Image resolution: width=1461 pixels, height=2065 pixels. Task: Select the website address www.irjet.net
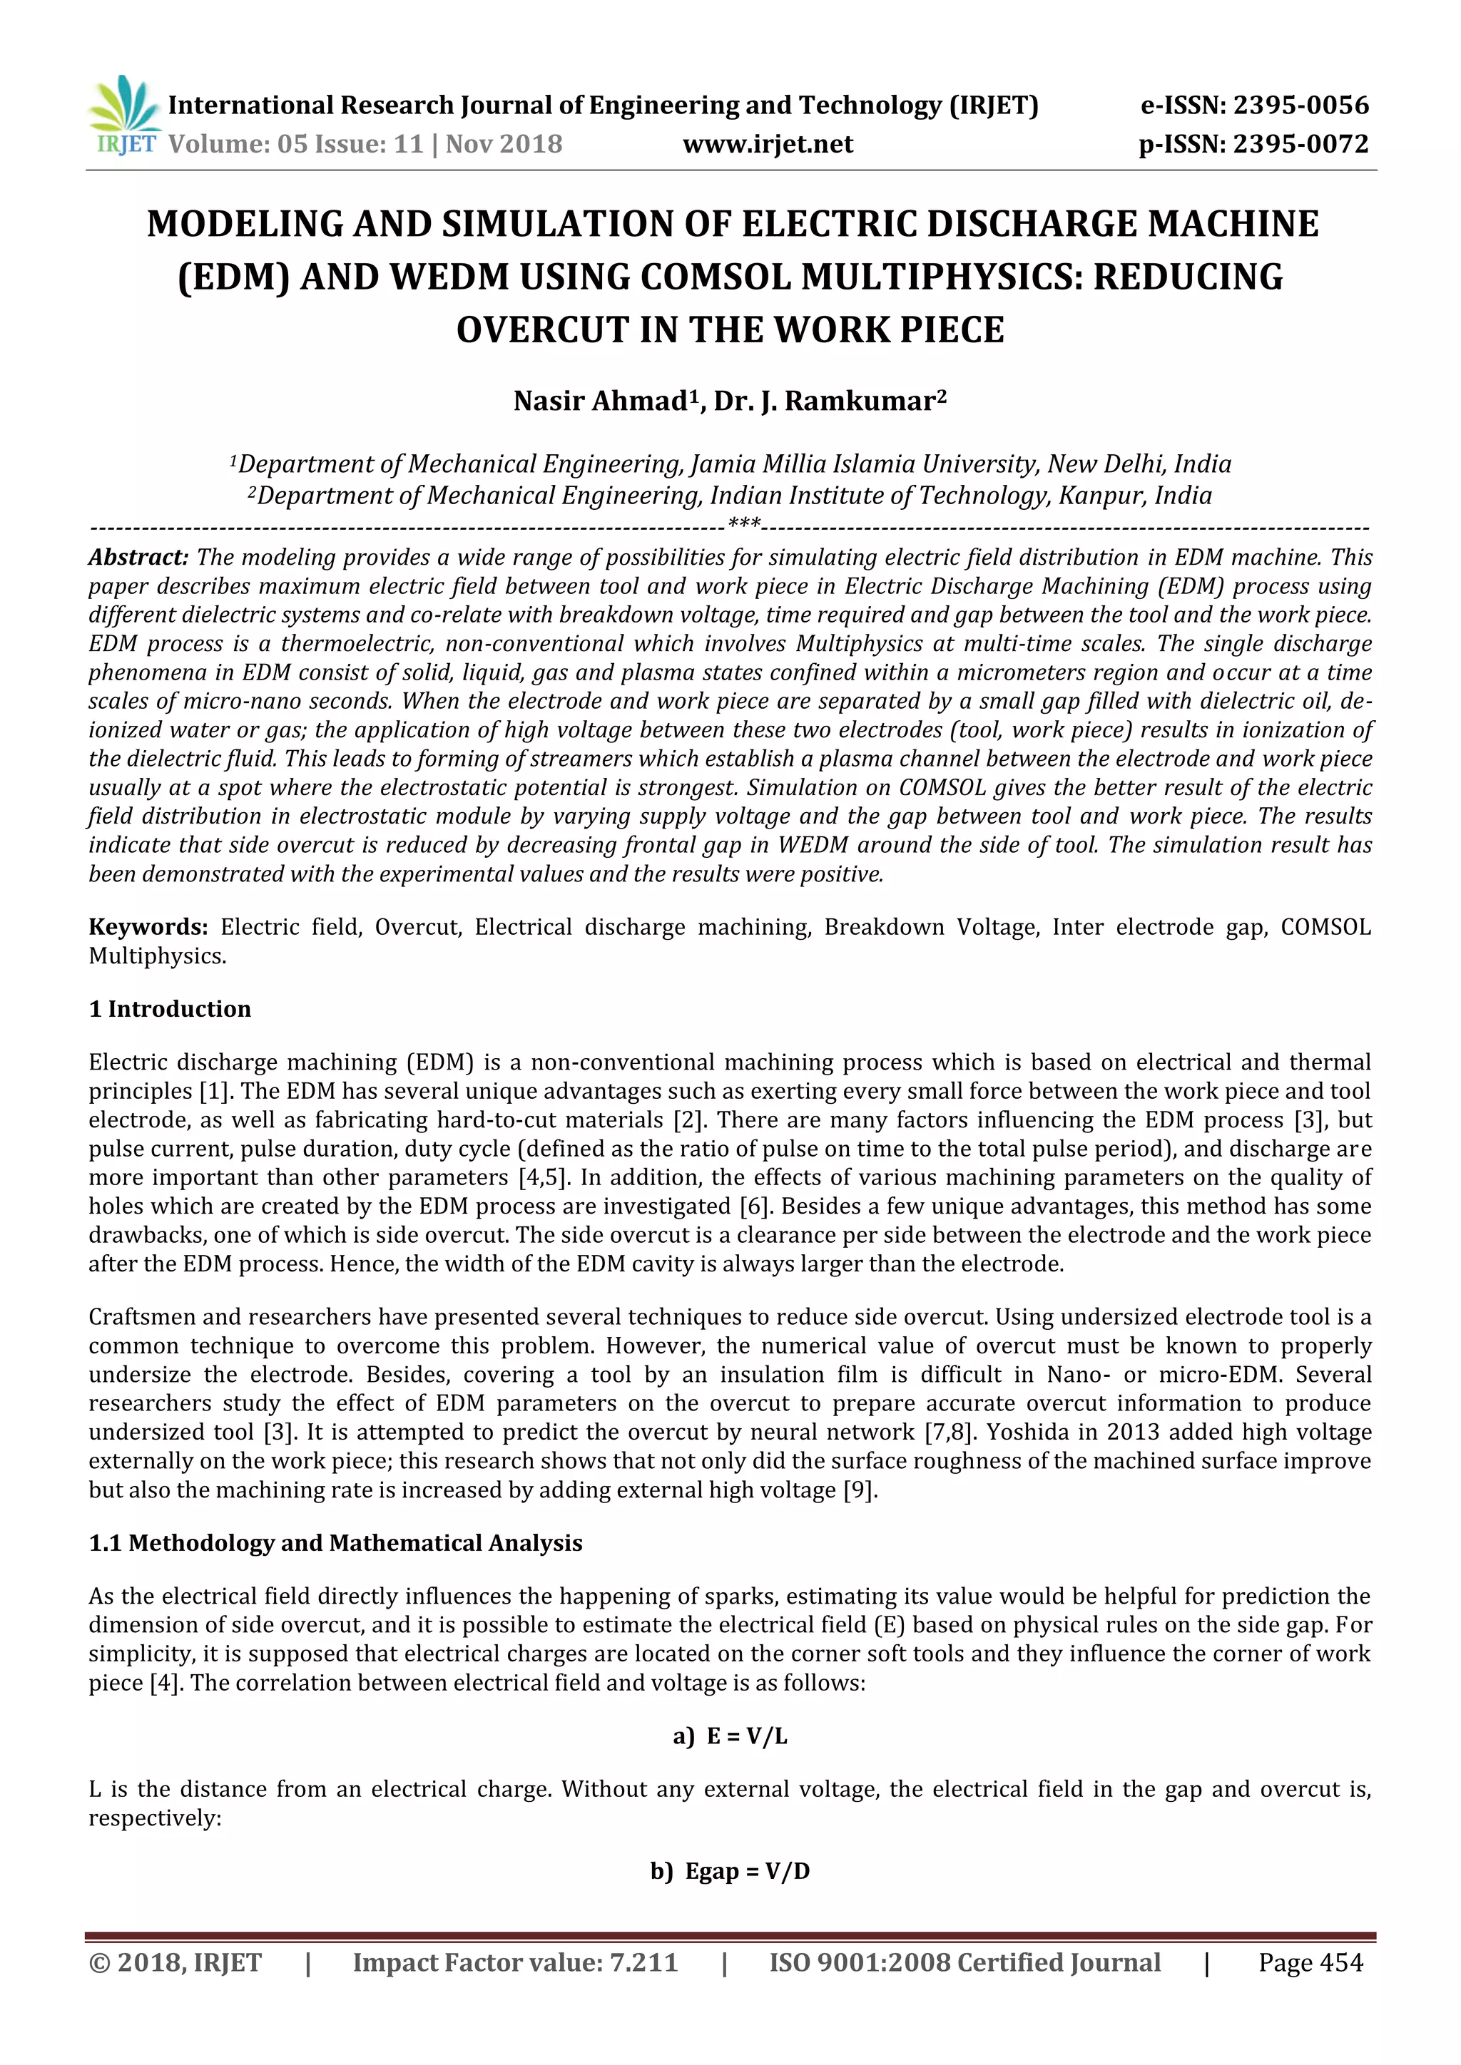(768, 144)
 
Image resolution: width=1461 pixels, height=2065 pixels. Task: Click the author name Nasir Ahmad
(600, 401)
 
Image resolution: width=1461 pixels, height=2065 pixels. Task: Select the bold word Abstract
(138, 558)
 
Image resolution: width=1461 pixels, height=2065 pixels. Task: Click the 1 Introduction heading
(170, 1009)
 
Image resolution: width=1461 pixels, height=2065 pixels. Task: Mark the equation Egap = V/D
(747, 1872)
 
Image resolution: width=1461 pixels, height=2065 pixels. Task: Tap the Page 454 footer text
(1310, 1962)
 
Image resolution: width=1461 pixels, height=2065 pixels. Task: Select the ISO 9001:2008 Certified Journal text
(964, 1962)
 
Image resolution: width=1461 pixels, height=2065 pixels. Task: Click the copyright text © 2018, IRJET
(175, 1962)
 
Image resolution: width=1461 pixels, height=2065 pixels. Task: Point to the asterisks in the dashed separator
(744, 524)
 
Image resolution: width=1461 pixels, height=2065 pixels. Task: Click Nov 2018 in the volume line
(504, 144)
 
